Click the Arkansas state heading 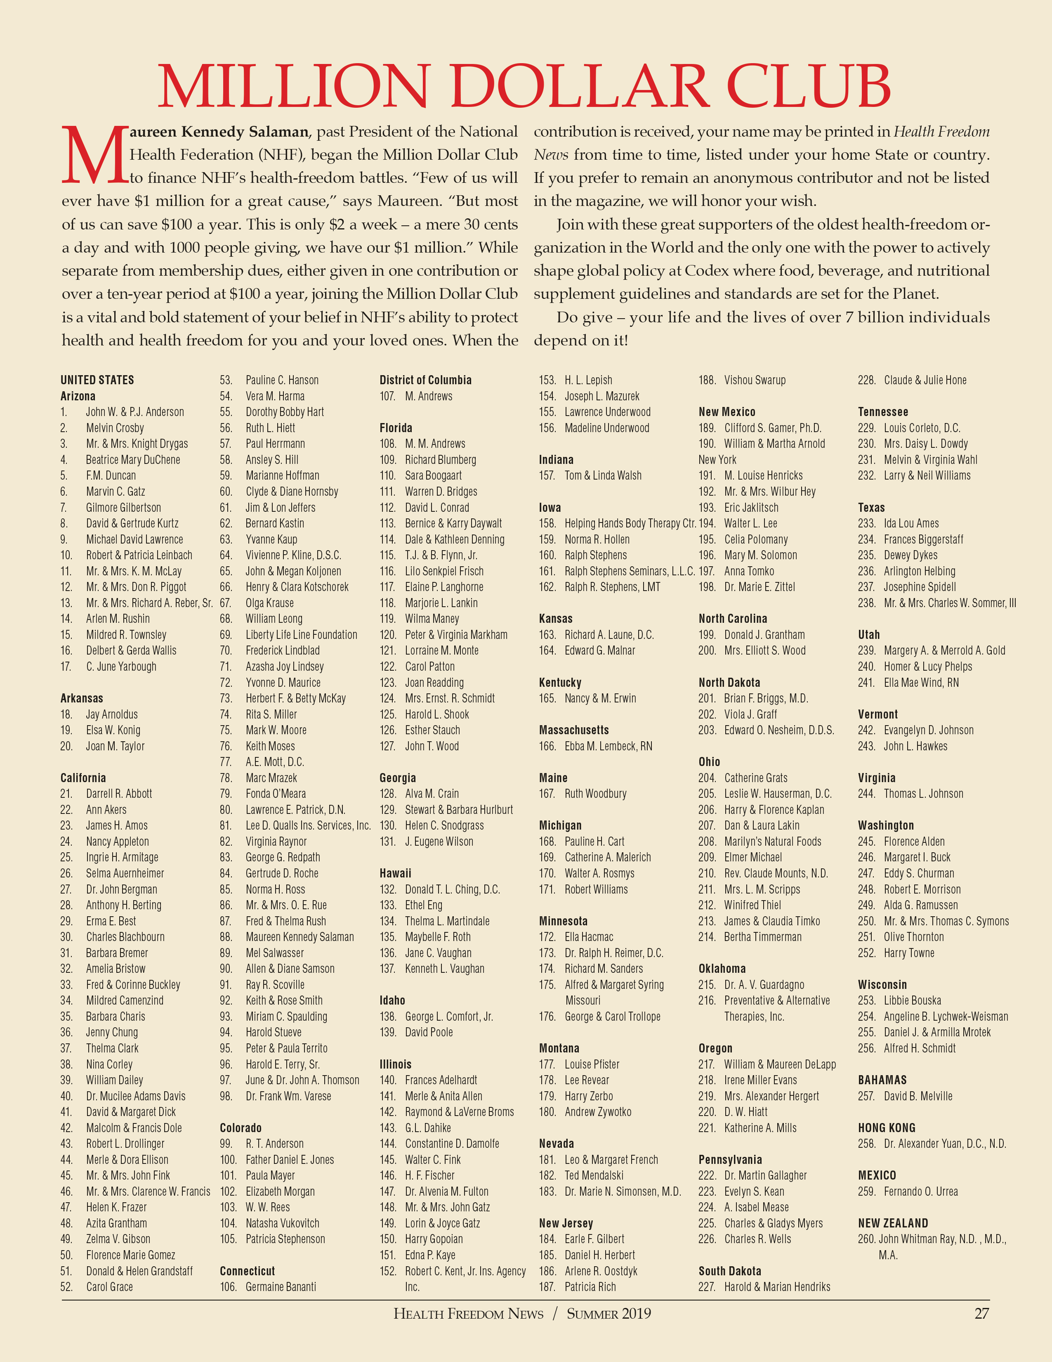coord(82,698)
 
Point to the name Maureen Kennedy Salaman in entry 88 coord(300,937)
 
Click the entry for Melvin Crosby coord(115,428)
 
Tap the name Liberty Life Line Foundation coord(301,635)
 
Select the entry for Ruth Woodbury coord(595,794)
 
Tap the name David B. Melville coord(918,1096)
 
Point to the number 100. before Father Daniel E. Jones coord(228,1160)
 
